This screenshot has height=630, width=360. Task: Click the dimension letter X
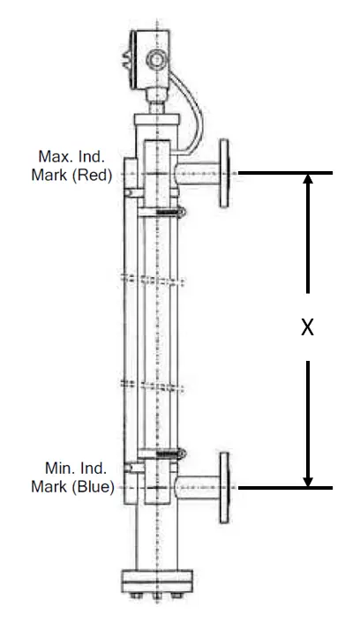(307, 326)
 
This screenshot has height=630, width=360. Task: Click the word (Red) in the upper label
(94, 175)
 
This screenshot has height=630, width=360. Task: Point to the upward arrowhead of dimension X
(307, 180)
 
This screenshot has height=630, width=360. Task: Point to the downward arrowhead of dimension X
(307, 480)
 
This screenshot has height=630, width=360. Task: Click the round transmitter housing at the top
(154, 60)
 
